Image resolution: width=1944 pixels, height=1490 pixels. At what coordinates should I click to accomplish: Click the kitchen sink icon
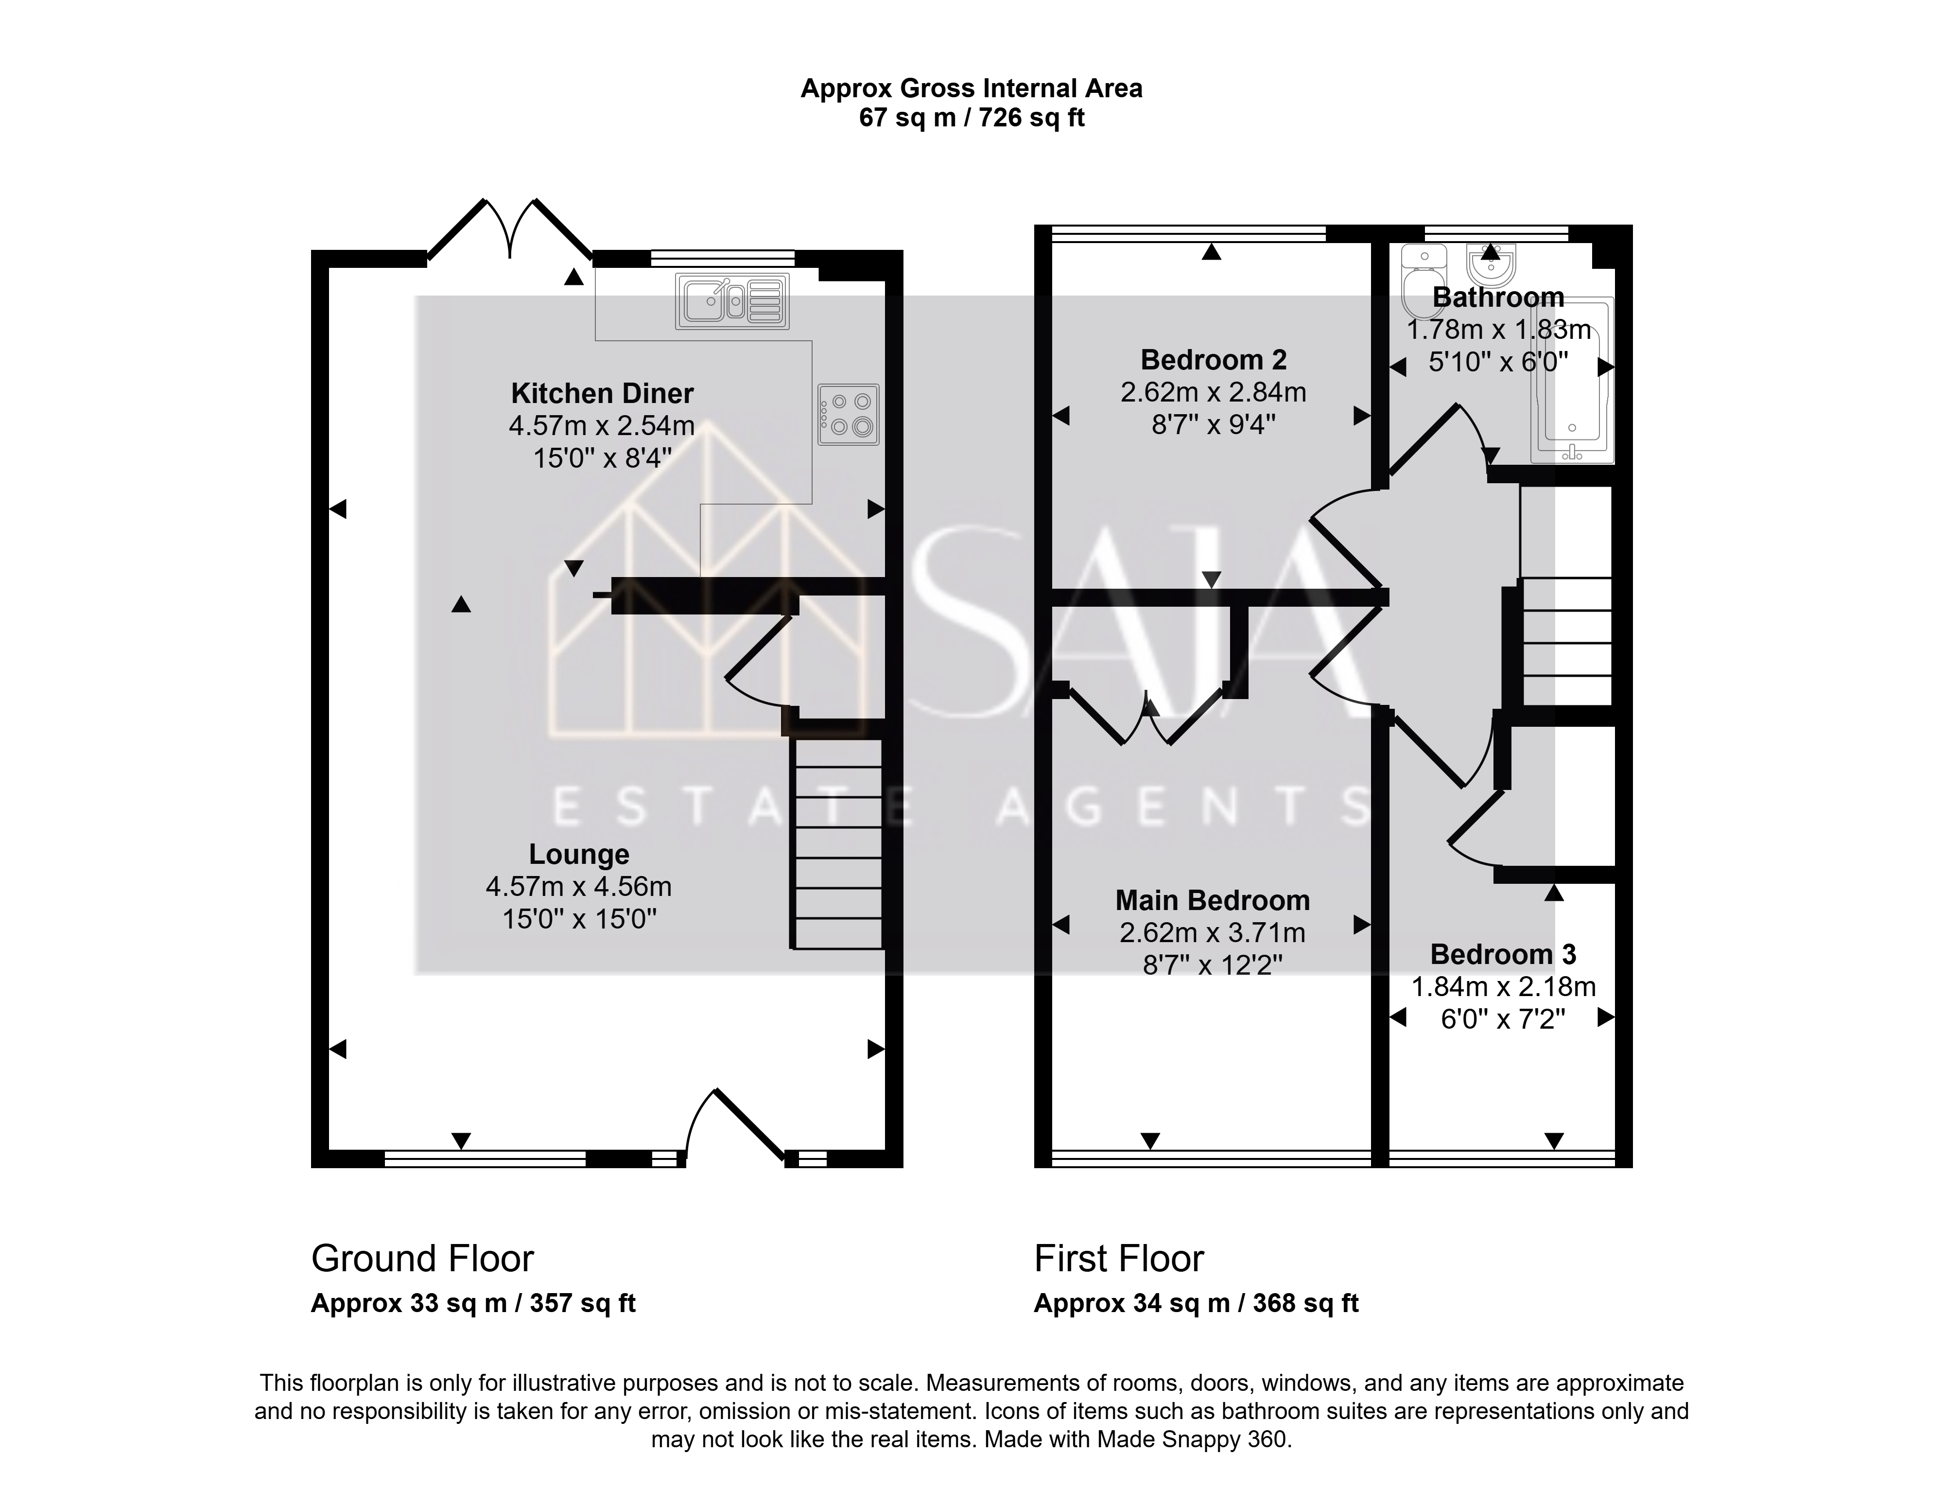click(x=732, y=300)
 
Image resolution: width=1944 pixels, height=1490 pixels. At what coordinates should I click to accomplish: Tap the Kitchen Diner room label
click(x=602, y=393)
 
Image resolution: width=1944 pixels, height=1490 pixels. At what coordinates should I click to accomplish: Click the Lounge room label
click(x=579, y=854)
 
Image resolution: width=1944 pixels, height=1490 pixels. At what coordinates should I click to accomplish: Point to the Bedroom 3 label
click(x=1503, y=954)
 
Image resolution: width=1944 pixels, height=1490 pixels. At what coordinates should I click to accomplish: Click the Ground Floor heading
click(x=423, y=1259)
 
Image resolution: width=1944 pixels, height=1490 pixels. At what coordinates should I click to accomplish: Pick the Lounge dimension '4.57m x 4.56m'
click(x=579, y=887)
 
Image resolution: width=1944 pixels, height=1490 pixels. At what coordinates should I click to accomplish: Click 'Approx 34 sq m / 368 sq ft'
click(x=1196, y=1303)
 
